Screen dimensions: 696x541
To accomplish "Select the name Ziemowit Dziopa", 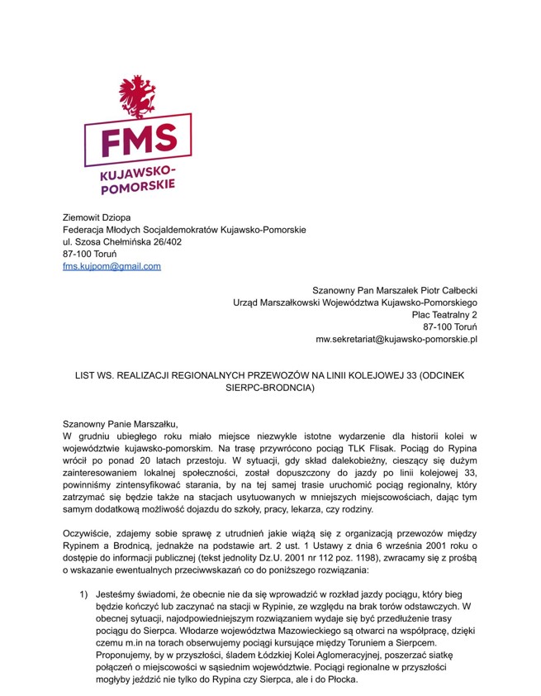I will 97,217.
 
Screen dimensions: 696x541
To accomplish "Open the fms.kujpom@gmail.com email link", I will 112,266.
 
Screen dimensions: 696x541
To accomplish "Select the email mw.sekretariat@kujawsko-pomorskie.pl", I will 396,340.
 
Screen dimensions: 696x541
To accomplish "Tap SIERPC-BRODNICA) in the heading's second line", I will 270,388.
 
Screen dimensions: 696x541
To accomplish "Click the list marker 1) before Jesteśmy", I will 83,594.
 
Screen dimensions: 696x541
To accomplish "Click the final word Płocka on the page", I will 340,679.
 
